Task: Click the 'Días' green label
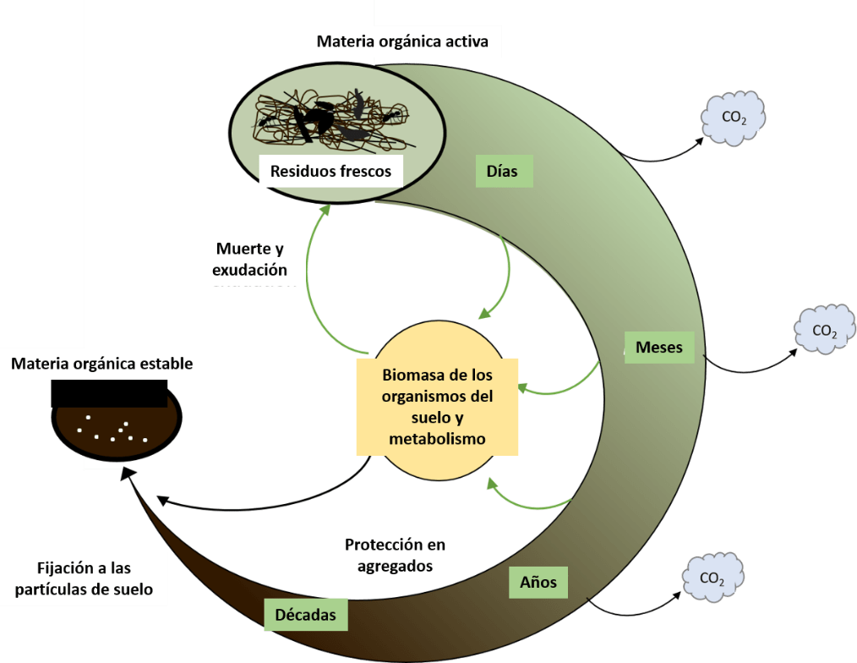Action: [x=502, y=172]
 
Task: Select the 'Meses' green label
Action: [x=659, y=347]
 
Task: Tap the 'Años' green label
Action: [x=538, y=582]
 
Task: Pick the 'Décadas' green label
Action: [x=305, y=615]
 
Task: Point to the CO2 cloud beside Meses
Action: [x=824, y=331]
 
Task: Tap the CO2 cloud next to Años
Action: [x=712, y=578]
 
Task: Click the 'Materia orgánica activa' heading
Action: [x=402, y=41]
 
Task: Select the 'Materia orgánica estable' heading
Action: [x=102, y=364]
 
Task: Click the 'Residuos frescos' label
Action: [x=330, y=171]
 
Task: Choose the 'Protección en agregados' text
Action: [x=395, y=555]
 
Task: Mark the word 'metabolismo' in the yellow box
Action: [x=437, y=439]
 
